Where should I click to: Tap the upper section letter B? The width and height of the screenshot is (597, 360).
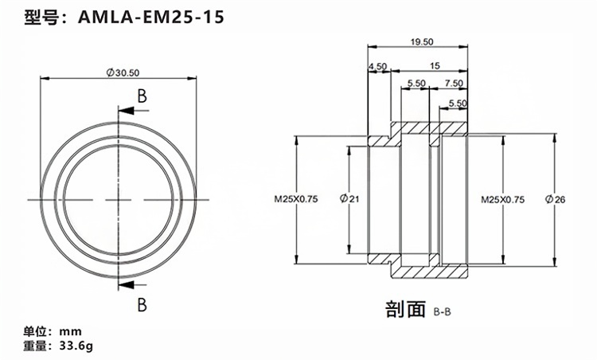point(142,96)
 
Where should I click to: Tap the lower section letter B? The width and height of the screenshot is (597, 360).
point(142,303)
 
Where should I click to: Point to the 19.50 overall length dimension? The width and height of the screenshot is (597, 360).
point(422,41)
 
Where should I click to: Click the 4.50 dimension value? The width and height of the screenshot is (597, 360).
point(377,67)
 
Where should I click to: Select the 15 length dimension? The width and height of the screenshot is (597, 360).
point(434,67)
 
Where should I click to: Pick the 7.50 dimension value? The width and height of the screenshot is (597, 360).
point(454,83)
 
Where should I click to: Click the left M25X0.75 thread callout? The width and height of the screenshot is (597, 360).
point(296,200)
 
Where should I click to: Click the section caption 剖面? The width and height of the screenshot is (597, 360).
point(407,308)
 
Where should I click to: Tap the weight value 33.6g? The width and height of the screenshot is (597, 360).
point(76,346)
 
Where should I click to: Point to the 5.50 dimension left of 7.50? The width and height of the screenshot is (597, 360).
point(415,83)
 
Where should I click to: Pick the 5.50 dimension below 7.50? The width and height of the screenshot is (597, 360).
point(457,104)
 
